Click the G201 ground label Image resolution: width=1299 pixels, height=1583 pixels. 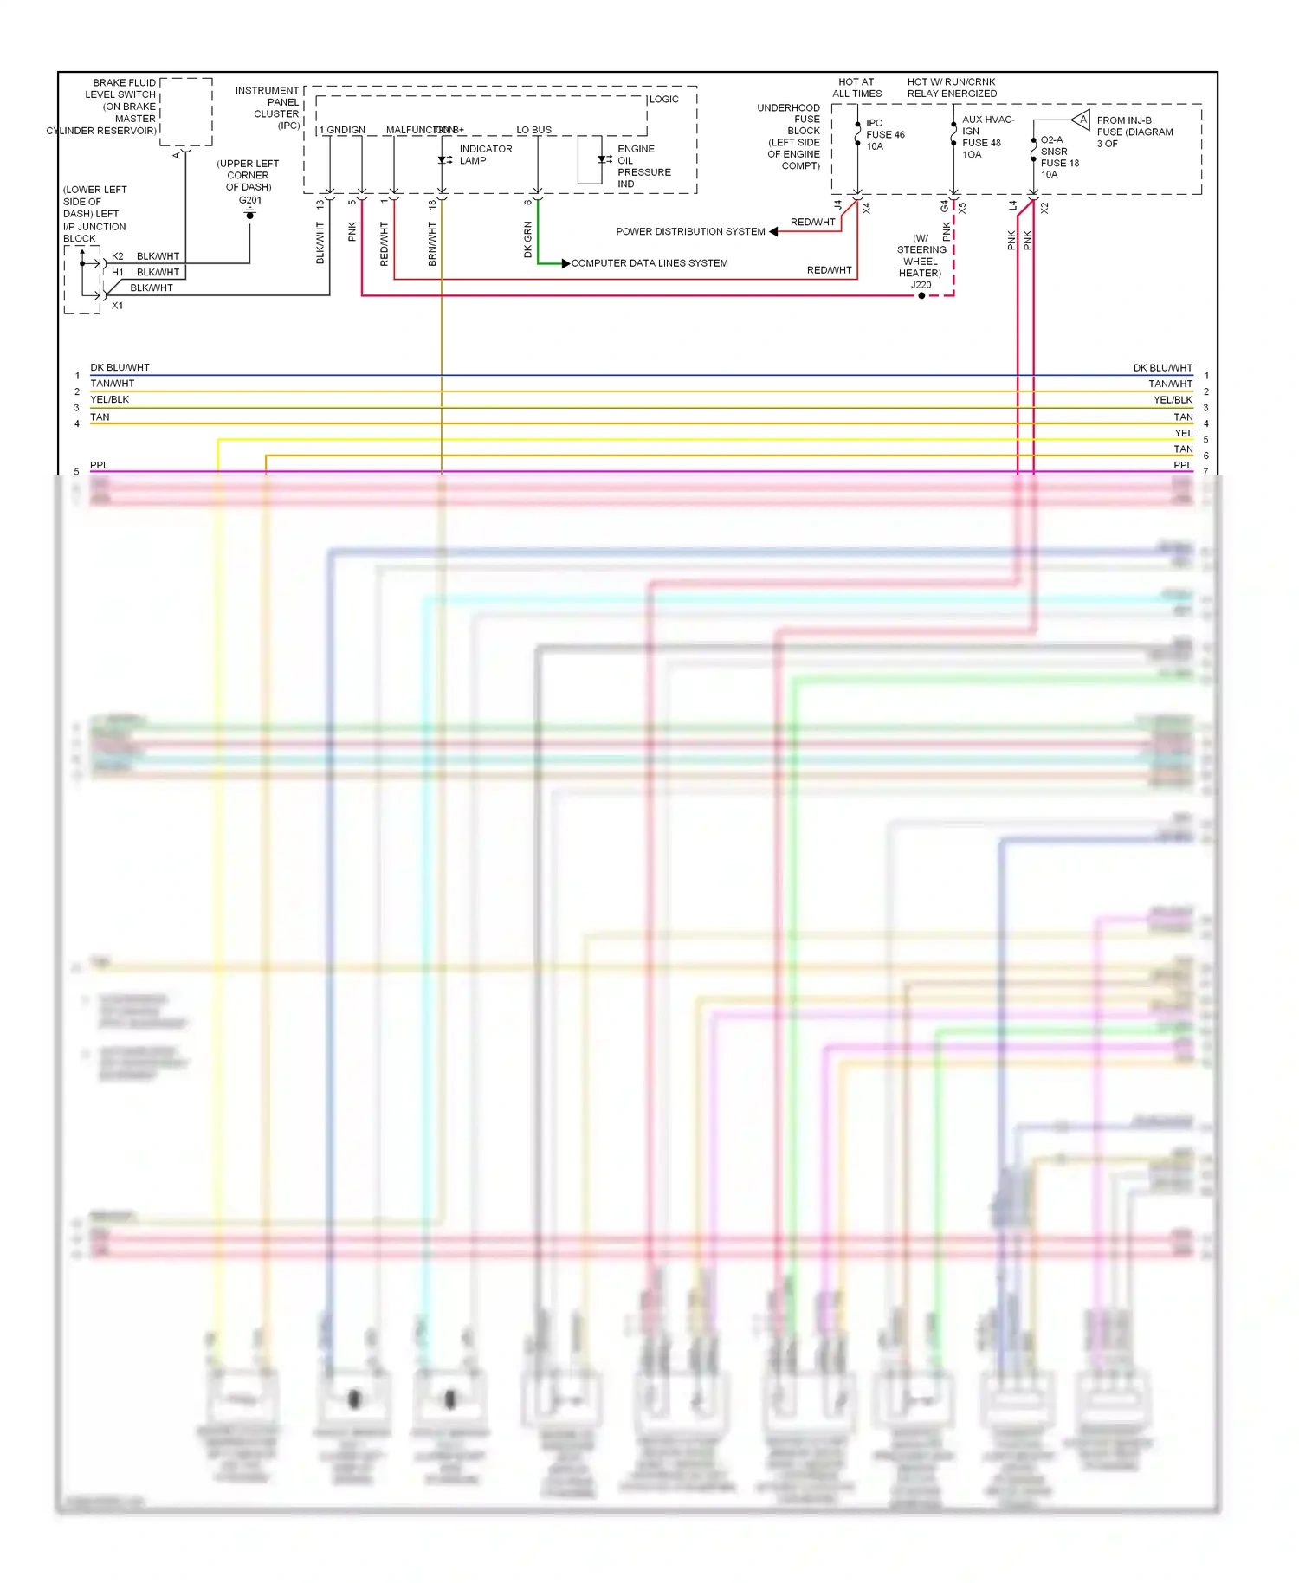[x=250, y=200]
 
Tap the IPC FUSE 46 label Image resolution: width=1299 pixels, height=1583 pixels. [x=884, y=135]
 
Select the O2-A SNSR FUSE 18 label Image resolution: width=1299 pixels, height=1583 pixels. [x=1059, y=157]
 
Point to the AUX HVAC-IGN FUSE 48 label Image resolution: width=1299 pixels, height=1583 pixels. [x=986, y=137]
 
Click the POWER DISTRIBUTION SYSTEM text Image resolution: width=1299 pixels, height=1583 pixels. [x=690, y=232]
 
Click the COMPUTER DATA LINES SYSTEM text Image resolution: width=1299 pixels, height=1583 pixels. [x=649, y=263]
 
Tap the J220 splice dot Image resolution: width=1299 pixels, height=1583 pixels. [x=921, y=296]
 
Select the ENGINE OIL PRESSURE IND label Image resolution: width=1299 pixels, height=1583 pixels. [x=643, y=166]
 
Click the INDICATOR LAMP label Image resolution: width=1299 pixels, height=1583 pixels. [x=485, y=155]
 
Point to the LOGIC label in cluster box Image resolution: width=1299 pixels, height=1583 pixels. [x=663, y=100]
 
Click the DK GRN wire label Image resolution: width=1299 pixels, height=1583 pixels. [x=527, y=240]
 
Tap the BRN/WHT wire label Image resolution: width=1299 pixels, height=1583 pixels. [x=432, y=243]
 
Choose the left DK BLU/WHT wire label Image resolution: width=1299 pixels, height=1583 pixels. [x=120, y=368]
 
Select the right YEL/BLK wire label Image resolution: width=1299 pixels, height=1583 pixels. [x=1173, y=400]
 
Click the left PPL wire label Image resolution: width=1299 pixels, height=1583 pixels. [x=99, y=466]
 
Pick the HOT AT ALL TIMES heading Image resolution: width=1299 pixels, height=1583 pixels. [x=856, y=87]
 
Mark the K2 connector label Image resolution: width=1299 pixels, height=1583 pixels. [x=118, y=256]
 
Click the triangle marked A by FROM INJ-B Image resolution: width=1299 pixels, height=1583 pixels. [x=1081, y=120]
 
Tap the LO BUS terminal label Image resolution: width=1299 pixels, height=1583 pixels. [x=533, y=130]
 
